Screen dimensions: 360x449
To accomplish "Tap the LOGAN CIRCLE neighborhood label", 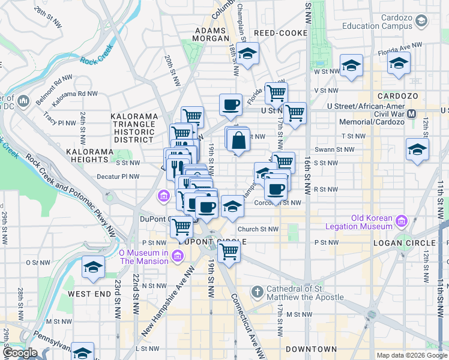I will pyautogui.click(x=404, y=242).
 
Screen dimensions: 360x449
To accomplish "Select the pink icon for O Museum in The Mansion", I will pyautogui.click(x=178, y=257).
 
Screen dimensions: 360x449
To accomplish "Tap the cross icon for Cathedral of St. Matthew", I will pyautogui.click(x=257, y=292).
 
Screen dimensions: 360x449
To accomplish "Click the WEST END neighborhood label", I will pyautogui.click(x=89, y=294).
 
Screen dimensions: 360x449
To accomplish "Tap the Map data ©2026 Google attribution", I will pyautogui.click(x=412, y=355).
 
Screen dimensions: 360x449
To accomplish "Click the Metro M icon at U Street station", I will pyautogui.click(x=412, y=113).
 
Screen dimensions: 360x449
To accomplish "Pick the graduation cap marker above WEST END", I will pyautogui.click(x=93, y=268).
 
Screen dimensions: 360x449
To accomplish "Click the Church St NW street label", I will pyautogui.click(x=258, y=229).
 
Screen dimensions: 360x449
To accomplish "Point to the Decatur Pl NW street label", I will pyautogui.click(x=119, y=176).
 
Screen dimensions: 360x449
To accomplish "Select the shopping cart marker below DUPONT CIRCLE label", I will pyautogui.click(x=229, y=253).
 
